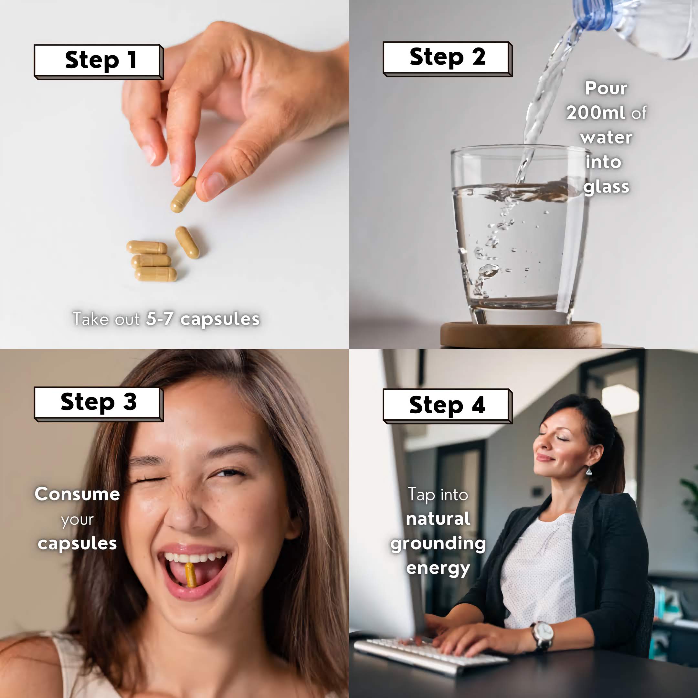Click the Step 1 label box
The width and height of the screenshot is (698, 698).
click(99, 62)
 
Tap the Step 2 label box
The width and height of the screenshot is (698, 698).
click(448, 59)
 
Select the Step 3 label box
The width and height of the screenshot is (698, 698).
click(99, 404)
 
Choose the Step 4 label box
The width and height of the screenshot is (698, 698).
click(448, 406)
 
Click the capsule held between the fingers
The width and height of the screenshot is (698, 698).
click(184, 194)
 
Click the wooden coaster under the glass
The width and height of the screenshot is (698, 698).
click(521, 334)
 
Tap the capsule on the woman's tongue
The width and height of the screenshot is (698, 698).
click(190, 575)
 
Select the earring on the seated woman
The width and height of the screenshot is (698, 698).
click(588, 471)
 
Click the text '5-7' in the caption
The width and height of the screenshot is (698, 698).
click(160, 319)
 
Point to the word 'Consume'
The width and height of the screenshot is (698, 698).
click(77, 494)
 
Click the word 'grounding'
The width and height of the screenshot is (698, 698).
click(438, 544)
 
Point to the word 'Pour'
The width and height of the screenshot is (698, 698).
click(606, 88)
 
